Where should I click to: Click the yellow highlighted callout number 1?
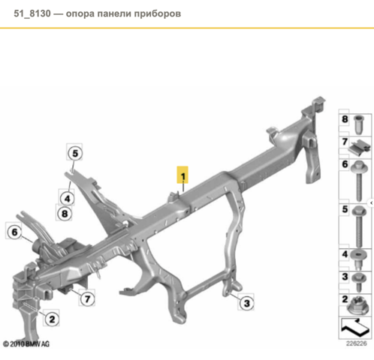click(x=182, y=175)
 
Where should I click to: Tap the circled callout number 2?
click(x=52, y=319)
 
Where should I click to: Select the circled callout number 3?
click(x=246, y=303)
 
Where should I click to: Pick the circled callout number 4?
click(x=67, y=199)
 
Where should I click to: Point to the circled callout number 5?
click(x=75, y=153)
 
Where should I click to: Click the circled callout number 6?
click(x=14, y=232)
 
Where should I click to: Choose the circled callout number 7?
click(x=87, y=298)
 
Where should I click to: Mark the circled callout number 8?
click(x=65, y=214)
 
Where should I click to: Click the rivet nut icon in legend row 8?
click(x=359, y=124)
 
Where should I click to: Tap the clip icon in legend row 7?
click(x=359, y=148)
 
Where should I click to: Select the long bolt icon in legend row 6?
click(x=358, y=181)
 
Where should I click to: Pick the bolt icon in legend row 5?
click(x=359, y=226)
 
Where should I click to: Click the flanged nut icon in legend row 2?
click(x=358, y=305)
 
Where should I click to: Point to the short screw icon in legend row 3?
click(x=359, y=283)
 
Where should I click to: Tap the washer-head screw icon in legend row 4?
click(x=359, y=260)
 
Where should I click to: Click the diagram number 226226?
click(x=356, y=343)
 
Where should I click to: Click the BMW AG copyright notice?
click(x=26, y=344)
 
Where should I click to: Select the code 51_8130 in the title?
click(x=32, y=13)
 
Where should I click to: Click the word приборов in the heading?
click(x=158, y=14)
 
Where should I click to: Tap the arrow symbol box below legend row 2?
click(x=354, y=328)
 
